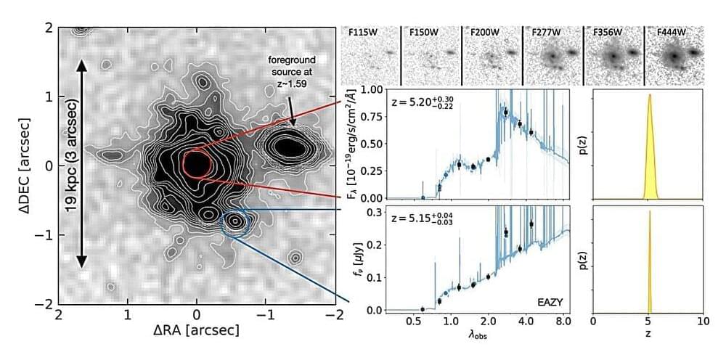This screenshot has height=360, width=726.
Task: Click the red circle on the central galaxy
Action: [197, 164]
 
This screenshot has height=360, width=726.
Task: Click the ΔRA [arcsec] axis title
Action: [196, 330]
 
